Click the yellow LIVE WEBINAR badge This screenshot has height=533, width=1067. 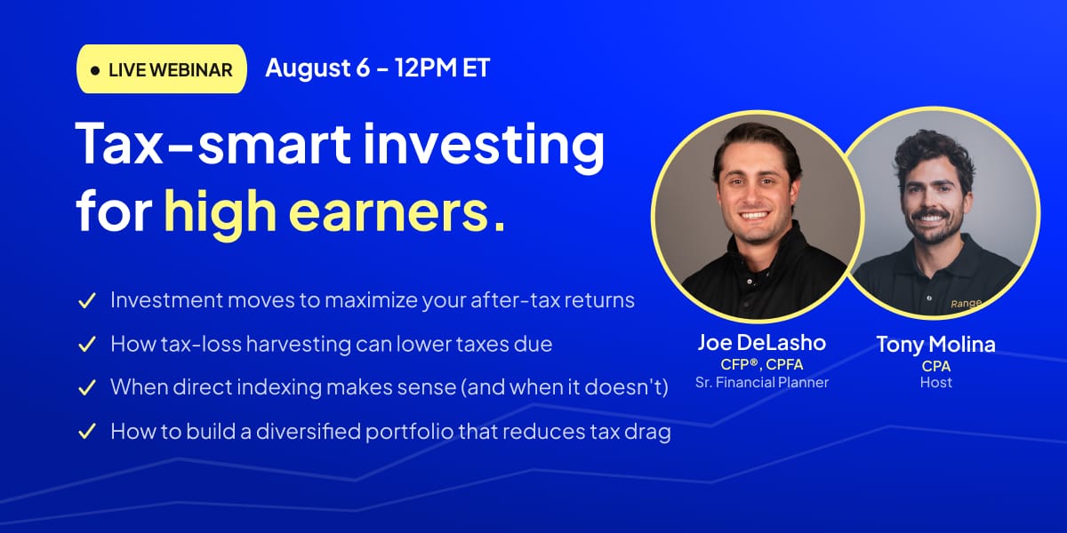pos(162,69)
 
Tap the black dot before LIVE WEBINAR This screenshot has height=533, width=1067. pos(95,71)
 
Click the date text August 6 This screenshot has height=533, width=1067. pos(317,68)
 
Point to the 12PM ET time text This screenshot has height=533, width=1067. pos(442,68)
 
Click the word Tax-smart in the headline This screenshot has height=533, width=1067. pos(213,143)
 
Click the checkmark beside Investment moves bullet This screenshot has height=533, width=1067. pos(87,301)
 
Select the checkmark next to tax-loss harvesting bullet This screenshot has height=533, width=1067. pos(87,344)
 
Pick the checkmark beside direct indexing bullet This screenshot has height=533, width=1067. pos(87,387)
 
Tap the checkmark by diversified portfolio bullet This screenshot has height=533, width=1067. pos(87,431)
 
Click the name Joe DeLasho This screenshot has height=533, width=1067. pos(762,343)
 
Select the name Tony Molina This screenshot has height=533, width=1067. pos(935,345)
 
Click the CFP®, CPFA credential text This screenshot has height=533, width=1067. pos(762,364)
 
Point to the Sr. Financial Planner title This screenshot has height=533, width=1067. pos(762,382)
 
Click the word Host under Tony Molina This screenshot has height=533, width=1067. pos(936,382)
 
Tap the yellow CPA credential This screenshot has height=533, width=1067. pos(936,366)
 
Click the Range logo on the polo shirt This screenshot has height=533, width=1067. pos(966,304)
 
